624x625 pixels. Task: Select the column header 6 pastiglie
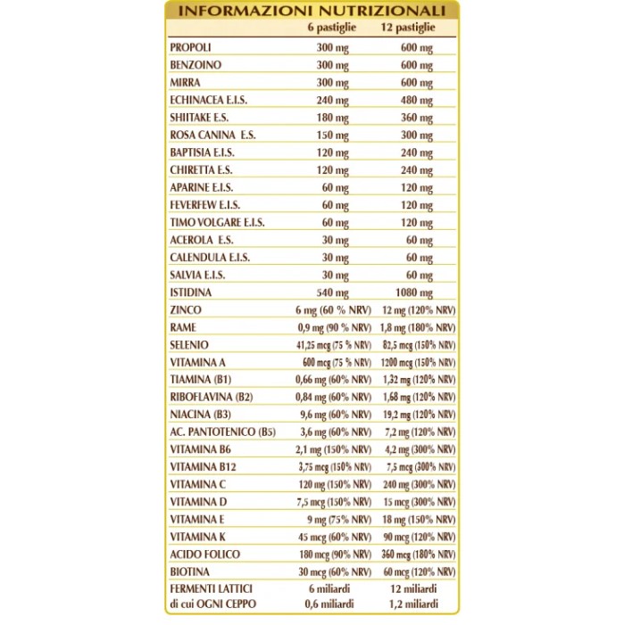tap(332, 29)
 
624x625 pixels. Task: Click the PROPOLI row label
tap(191, 47)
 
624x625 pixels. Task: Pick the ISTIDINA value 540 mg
tap(333, 292)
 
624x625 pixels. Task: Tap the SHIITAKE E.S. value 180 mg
tap(333, 118)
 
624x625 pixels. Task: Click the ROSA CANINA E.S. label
tap(212, 135)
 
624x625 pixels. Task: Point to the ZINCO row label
tap(186, 310)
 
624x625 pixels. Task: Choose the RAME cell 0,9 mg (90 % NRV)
tap(333, 327)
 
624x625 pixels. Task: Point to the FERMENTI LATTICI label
tap(211, 589)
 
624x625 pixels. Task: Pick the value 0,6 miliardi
tap(333, 604)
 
